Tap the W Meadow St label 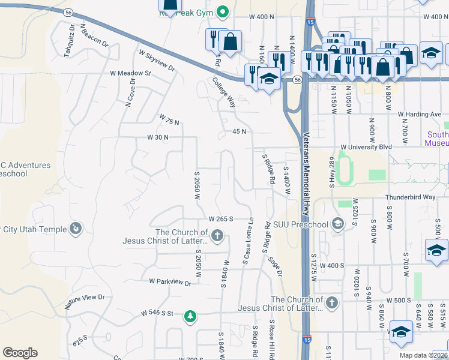130,73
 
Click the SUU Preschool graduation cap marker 338,224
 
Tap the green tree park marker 190,316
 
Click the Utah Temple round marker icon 76,229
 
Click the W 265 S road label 220,219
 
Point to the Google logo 20,353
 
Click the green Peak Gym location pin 223,11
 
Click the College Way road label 223,92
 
